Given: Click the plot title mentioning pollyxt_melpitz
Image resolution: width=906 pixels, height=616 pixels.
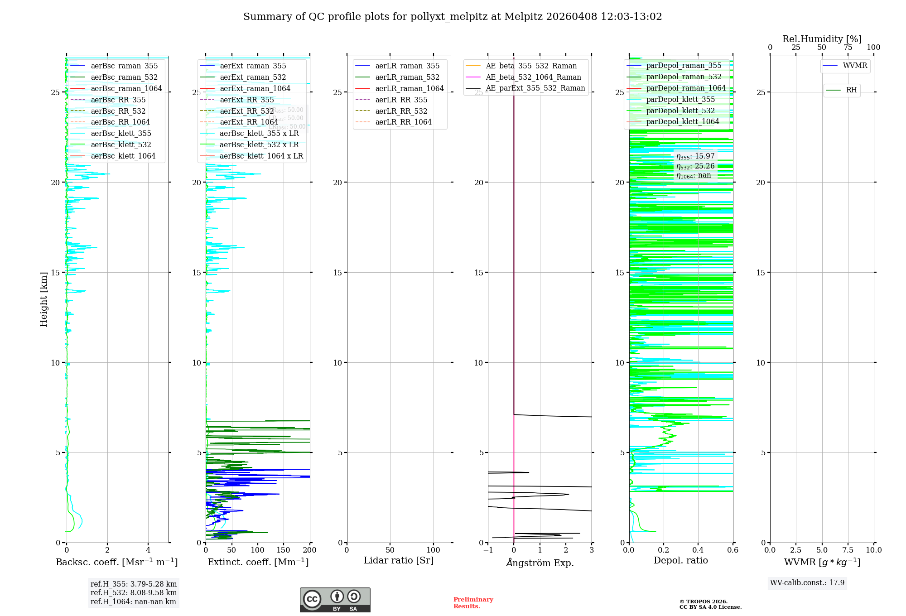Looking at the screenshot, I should coord(453,17).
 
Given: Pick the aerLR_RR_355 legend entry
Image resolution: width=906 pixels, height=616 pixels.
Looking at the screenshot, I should coord(401,100).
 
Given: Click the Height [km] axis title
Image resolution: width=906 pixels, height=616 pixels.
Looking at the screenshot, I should coord(43,299).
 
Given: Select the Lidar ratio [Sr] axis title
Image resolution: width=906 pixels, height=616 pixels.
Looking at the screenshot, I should coord(399,561).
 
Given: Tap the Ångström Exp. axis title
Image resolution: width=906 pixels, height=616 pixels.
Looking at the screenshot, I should coord(540,563).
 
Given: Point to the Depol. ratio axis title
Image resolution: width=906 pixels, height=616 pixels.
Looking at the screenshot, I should coord(680,561).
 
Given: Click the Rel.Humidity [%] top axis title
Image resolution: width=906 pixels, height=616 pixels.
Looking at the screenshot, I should coord(822,39).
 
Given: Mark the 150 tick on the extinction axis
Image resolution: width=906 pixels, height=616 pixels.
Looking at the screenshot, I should coord(284,550).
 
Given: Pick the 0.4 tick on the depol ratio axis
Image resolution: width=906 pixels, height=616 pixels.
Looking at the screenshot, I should coord(698,550).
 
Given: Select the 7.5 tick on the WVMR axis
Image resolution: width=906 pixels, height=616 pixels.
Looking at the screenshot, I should coord(848,550).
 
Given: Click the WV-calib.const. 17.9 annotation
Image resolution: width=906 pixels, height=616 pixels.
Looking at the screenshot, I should coord(807,583).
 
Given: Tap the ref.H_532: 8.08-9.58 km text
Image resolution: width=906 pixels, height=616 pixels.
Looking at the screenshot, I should coord(134,593).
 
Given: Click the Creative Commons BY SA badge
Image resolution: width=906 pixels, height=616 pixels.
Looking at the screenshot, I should coord(335,600).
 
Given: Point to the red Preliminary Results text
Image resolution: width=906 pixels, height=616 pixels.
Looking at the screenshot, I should coord(473,603).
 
